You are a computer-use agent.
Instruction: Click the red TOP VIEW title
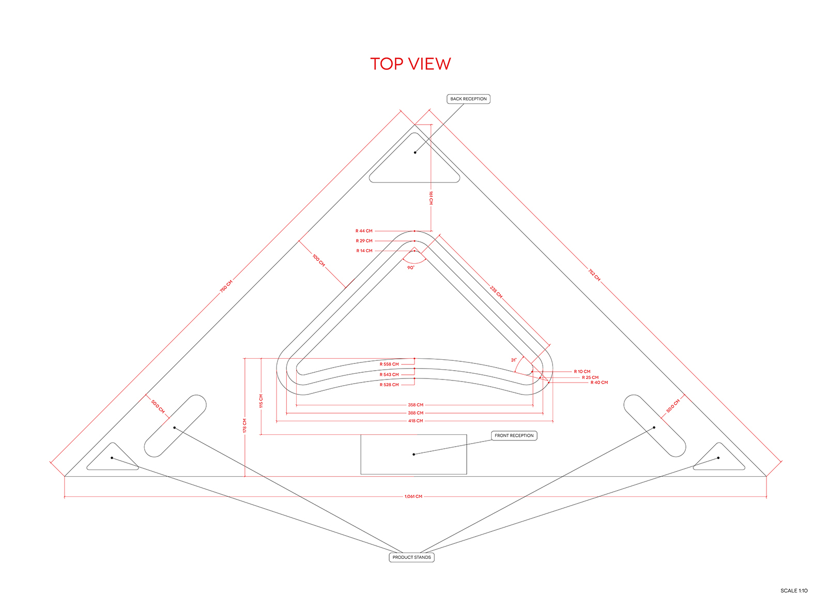[x=410, y=64]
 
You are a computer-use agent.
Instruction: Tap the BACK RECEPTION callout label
[x=468, y=99]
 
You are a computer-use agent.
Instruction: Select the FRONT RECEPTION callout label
[x=514, y=435]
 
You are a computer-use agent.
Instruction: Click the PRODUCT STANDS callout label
[x=411, y=557]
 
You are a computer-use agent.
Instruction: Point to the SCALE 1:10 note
[x=794, y=590]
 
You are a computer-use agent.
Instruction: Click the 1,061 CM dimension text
[x=413, y=496]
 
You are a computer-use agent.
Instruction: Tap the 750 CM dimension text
[x=226, y=286]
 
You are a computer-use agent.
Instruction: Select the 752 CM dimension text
[x=594, y=275]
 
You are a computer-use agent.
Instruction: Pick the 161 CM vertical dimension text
[x=431, y=198]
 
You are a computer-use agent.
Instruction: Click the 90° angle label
[x=410, y=267]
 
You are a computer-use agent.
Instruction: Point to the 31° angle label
[x=514, y=360]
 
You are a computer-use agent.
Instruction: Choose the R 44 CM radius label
[x=364, y=231]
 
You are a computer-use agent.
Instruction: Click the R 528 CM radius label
[x=389, y=385]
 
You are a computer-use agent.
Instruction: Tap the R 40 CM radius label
[x=599, y=382]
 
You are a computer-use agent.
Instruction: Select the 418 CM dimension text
[x=416, y=421]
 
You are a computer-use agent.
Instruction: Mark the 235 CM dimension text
[x=496, y=292]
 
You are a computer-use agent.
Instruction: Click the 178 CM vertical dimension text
[x=244, y=425]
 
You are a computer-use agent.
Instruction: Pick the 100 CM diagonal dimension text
[x=318, y=261]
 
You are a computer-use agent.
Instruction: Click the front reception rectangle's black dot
[x=413, y=454]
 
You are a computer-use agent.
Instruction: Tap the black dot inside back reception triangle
[x=415, y=153]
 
